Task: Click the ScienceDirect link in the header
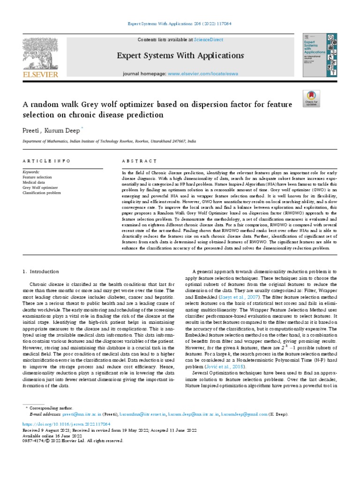(210, 40)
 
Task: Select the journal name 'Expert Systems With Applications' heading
(180, 56)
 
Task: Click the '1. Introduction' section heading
(41, 271)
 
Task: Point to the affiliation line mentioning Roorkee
(110, 140)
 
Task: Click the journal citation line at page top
(180, 23)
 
